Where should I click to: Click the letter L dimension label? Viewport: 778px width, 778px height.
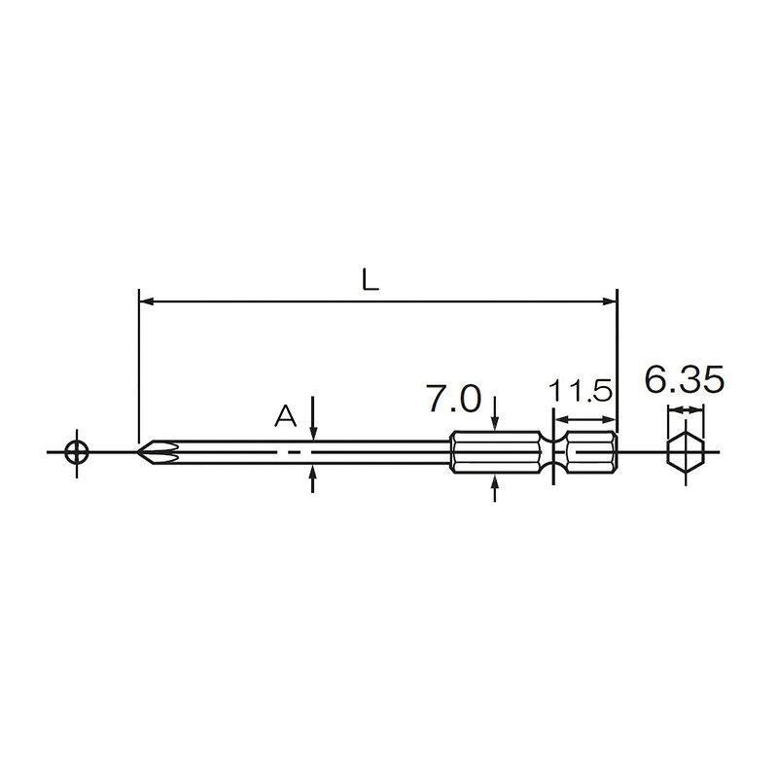pos(371,281)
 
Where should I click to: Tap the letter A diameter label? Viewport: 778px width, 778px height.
pos(285,416)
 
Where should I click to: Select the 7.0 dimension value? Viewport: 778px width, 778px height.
pos(454,399)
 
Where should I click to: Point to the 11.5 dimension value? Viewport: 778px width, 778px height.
pos(581,391)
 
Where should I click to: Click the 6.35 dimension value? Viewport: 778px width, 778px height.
pos(685,379)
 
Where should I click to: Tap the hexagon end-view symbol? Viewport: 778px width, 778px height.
pos(686,452)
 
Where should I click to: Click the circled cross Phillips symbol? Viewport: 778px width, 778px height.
pos(77,452)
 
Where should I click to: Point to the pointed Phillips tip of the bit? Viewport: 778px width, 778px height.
pos(138,452)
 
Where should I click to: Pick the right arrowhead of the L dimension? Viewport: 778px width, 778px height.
pos(610,301)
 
